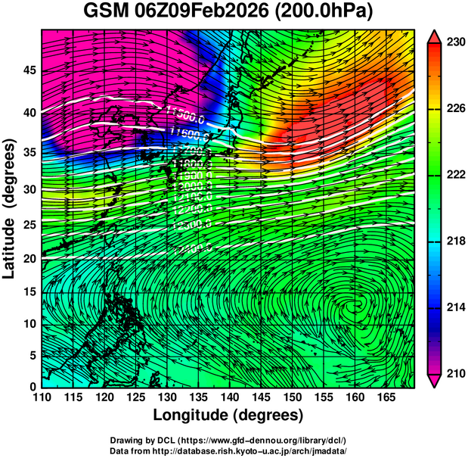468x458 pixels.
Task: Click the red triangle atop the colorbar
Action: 434,36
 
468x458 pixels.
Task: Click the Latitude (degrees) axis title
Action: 10,208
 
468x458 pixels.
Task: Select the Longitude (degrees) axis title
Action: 228,416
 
